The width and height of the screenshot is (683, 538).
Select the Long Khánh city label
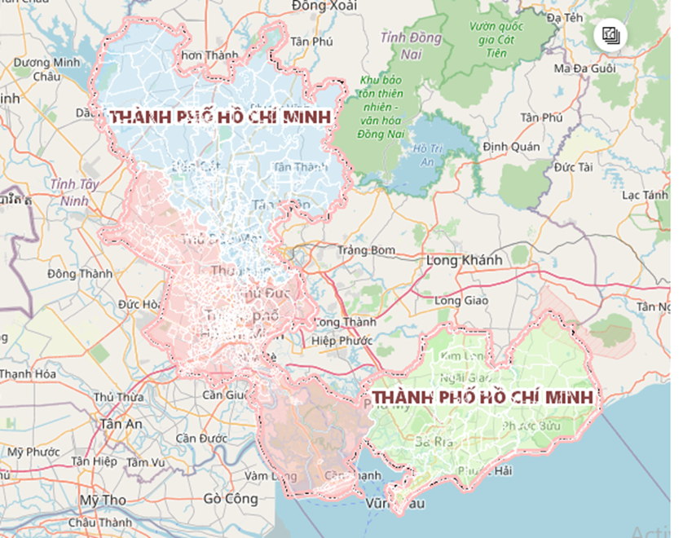(x=465, y=259)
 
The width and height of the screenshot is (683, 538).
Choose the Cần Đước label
(x=200, y=438)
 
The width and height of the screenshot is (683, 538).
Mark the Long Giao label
(x=460, y=301)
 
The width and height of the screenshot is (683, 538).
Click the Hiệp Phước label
(x=342, y=341)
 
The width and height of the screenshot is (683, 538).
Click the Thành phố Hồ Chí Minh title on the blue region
(x=221, y=117)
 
